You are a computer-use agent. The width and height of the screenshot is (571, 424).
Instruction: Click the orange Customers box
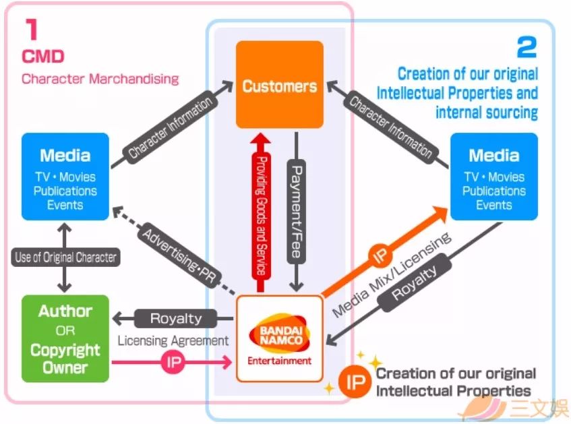pyautogui.click(x=279, y=85)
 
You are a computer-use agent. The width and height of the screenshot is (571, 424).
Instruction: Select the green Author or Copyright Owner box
pyautogui.click(x=65, y=339)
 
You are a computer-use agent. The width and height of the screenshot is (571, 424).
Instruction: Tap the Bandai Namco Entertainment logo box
pyautogui.click(x=279, y=338)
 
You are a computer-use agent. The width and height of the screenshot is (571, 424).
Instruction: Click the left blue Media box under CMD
pyautogui.click(x=65, y=177)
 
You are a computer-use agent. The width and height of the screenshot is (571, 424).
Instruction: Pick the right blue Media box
pyautogui.click(x=493, y=177)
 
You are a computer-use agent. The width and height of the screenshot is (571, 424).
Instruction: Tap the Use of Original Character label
pyautogui.click(x=65, y=258)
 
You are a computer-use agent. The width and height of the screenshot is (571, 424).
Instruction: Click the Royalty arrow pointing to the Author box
pyautogui.click(x=175, y=318)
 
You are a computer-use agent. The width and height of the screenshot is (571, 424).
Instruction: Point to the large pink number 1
pyautogui.click(x=31, y=30)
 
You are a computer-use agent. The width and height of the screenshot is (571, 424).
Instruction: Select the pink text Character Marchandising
pyautogui.click(x=100, y=78)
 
